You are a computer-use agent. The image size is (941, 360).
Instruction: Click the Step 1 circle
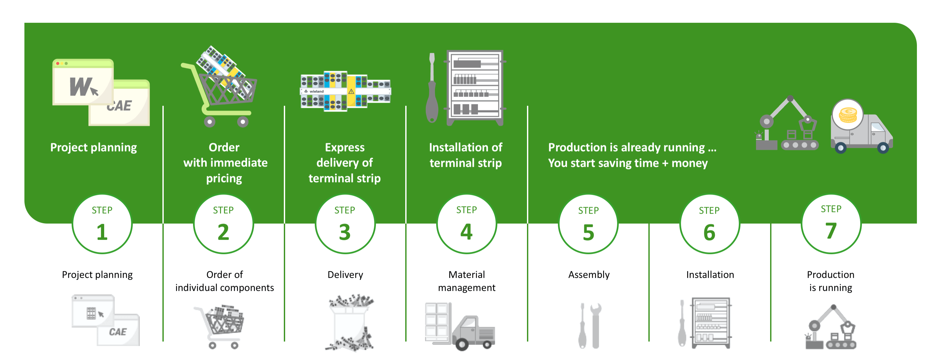click(x=102, y=224)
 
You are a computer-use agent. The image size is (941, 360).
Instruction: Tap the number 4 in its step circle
click(x=466, y=231)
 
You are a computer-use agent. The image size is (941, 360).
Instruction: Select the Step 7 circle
click(x=831, y=224)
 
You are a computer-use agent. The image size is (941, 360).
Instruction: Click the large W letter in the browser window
click(x=81, y=87)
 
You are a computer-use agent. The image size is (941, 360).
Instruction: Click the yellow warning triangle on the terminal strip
click(x=351, y=91)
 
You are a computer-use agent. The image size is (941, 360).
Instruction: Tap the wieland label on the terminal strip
click(x=316, y=91)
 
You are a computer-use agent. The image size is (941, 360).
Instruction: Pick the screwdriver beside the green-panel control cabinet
click(x=432, y=88)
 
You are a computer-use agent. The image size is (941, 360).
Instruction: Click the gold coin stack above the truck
click(x=848, y=115)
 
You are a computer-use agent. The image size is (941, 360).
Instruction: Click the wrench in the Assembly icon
click(x=595, y=325)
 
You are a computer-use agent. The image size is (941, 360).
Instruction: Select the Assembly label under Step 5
click(x=589, y=275)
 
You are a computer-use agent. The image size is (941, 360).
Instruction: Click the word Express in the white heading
click(x=345, y=148)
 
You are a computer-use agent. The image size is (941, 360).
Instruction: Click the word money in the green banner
click(x=690, y=163)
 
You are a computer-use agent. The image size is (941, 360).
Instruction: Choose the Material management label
click(x=466, y=281)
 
